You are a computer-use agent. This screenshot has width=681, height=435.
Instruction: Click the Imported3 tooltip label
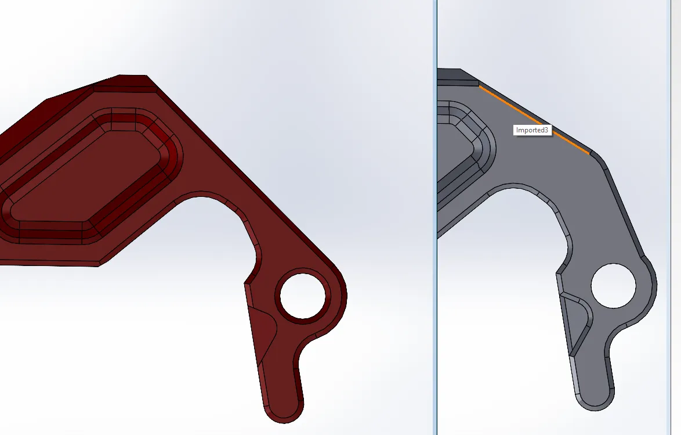(532, 130)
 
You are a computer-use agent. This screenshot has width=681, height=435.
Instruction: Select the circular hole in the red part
(302, 295)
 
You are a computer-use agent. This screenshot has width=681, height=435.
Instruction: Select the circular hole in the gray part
(613, 286)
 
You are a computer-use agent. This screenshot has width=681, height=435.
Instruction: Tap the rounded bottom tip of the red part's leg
(284, 416)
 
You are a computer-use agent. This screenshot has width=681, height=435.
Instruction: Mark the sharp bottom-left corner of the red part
(99, 265)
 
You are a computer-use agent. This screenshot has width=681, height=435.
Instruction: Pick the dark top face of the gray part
(455, 76)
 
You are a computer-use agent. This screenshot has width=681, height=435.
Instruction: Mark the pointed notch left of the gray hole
(559, 271)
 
